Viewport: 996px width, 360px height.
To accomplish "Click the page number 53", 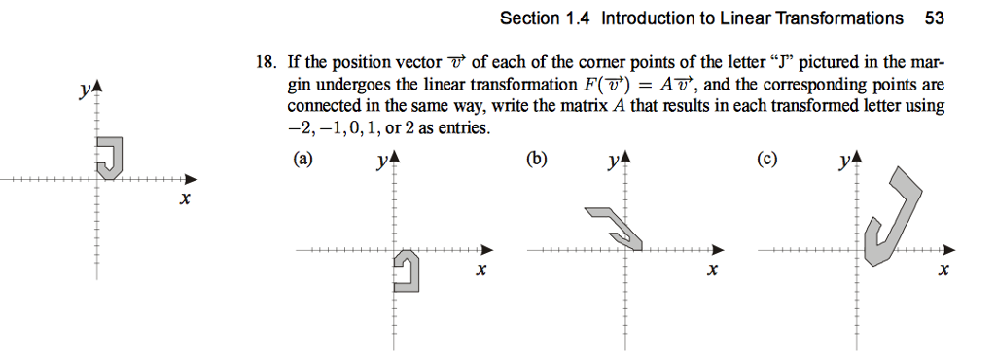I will pyautogui.click(x=936, y=18).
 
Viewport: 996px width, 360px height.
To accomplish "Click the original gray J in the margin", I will pyautogui.click(x=112, y=158).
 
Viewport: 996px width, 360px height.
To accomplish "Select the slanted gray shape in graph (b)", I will pyautogui.click(x=616, y=226).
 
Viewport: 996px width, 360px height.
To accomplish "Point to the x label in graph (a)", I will pyautogui.click(x=480, y=270).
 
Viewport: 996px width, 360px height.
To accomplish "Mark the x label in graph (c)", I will pyautogui.click(x=943, y=270).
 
